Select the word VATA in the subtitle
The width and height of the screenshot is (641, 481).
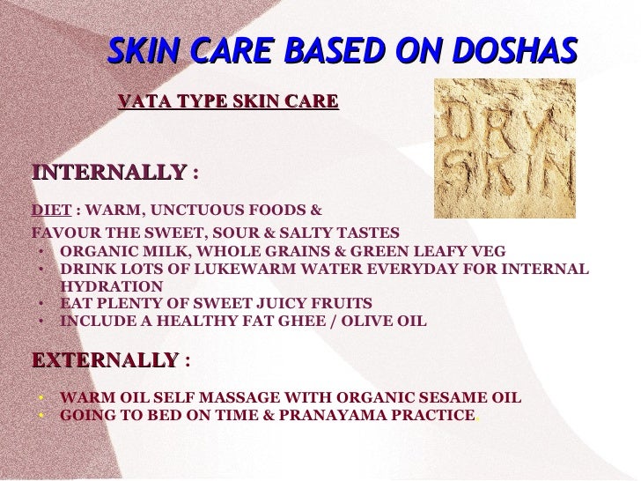coord(140,102)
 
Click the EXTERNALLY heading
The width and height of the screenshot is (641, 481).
coord(105,360)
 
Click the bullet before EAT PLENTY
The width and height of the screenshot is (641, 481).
coord(41,304)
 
